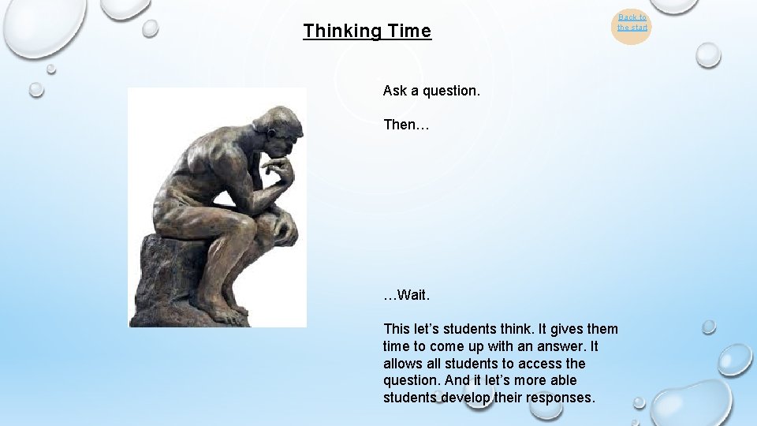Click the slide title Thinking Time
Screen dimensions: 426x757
[x=367, y=32]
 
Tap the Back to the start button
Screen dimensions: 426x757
[x=632, y=23]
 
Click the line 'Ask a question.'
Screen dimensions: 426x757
[x=431, y=91]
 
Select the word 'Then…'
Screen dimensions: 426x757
[x=405, y=125]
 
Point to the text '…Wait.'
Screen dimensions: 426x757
[x=406, y=295]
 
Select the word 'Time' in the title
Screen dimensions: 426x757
[x=409, y=32]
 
